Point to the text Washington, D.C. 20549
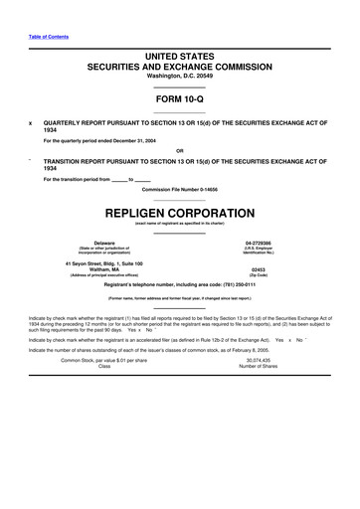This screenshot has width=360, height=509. [180, 82]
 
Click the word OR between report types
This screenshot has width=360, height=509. [180, 150]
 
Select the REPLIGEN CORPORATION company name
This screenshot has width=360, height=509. [180, 214]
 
